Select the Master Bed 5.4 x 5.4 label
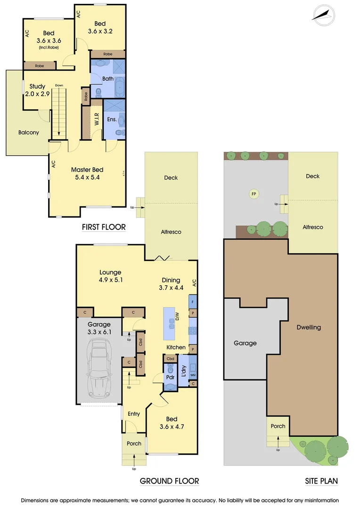[87, 173]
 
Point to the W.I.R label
[97, 119]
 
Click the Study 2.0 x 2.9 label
[37, 90]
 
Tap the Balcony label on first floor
[29, 132]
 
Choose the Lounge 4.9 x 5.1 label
[110, 276]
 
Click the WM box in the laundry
[193, 375]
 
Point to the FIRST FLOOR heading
[104, 227]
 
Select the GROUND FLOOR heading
[169, 481]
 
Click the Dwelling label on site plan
[309, 327]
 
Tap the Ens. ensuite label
[112, 120]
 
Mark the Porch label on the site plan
[278, 426]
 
